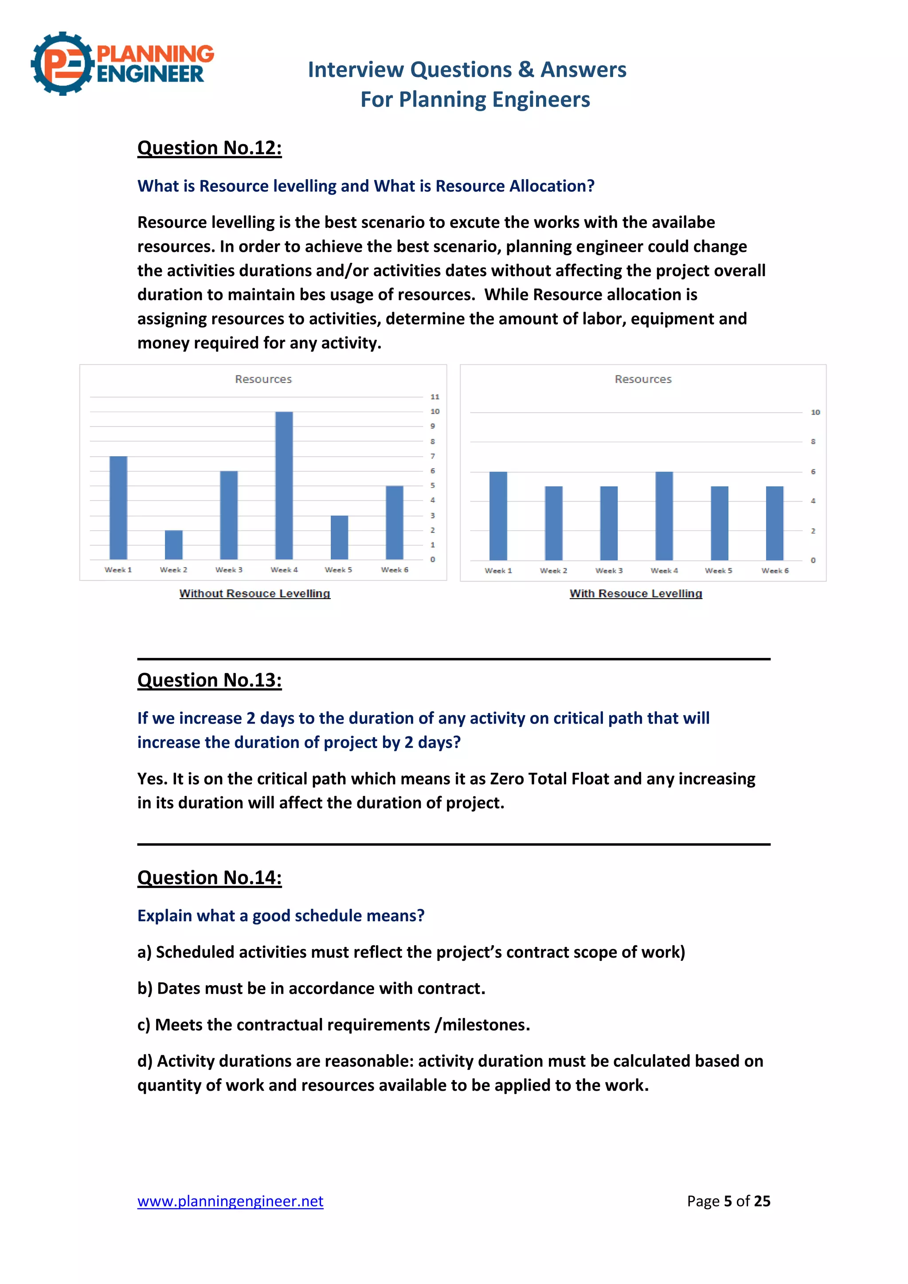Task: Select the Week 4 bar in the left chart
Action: pyautogui.click(x=284, y=485)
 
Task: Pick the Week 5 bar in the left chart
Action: pyautogui.click(x=339, y=537)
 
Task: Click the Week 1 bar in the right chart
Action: pyautogui.click(x=498, y=516)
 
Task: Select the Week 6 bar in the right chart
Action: pyautogui.click(x=775, y=523)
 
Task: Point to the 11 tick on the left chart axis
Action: pyautogui.click(x=434, y=397)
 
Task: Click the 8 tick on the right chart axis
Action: pyautogui.click(x=813, y=442)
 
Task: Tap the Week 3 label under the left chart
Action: pyautogui.click(x=229, y=570)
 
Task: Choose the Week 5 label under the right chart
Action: pyautogui.click(x=718, y=571)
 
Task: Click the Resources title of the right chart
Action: pyautogui.click(x=643, y=379)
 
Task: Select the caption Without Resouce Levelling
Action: pyautogui.click(x=254, y=593)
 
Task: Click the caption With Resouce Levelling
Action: pyautogui.click(x=636, y=593)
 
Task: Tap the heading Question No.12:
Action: pyautogui.click(x=210, y=148)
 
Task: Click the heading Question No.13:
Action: pyautogui.click(x=210, y=680)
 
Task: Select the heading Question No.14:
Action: pyautogui.click(x=210, y=877)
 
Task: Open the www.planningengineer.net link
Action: pyautogui.click(x=231, y=1201)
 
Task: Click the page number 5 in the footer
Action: pyautogui.click(x=728, y=1201)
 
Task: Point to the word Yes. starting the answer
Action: pyautogui.click(x=152, y=779)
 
